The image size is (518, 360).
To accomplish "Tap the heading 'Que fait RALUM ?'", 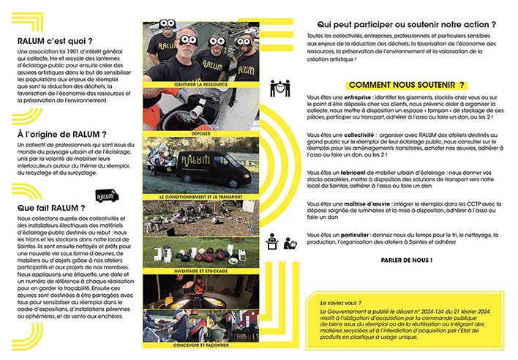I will point(50,208).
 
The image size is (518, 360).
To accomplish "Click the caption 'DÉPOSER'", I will point(191,134).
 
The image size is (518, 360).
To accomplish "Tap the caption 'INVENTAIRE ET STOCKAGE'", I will point(191,270).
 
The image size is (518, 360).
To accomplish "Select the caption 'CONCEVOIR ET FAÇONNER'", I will point(191,343).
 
